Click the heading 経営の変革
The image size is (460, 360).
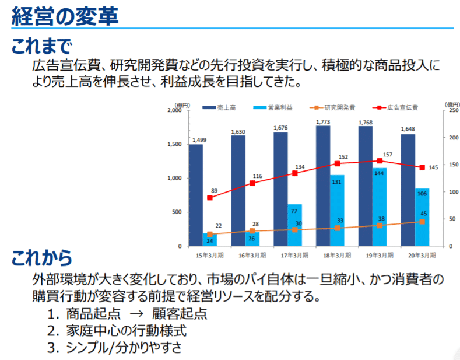point(65,16)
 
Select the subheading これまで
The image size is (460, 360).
point(41,47)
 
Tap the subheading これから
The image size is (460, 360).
point(41,258)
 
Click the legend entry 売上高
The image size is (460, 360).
point(219,107)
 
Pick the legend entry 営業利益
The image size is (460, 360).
point(273,107)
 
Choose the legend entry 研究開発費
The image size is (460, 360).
point(332,107)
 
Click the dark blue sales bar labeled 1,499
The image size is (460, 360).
point(196,195)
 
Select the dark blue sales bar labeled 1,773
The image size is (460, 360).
point(323,186)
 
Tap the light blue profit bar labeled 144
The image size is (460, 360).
point(380,207)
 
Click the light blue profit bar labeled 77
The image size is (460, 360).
point(295,225)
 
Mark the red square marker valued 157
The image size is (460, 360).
point(380,160)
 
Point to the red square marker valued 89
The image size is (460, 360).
point(210,198)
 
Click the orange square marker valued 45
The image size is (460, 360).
point(422,221)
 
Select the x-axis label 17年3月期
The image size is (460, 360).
point(294,255)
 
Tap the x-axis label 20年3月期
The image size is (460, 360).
point(422,255)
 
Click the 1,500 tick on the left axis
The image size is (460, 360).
point(174,144)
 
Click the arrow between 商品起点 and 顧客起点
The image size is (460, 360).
point(136,314)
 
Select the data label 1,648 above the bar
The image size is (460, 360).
point(408,129)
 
